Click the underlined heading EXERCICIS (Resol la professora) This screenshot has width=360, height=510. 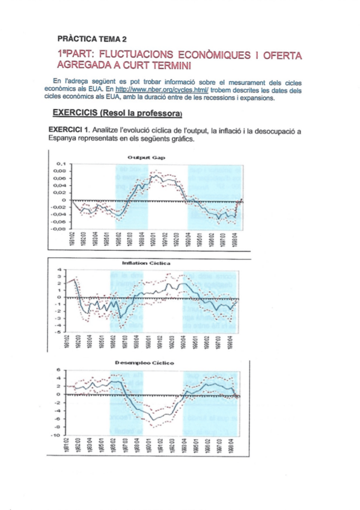[x=117, y=112]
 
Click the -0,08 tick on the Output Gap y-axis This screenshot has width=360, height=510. [x=58, y=229]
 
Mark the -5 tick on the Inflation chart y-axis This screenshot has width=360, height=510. [x=59, y=331]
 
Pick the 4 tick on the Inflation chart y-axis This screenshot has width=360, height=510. [x=60, y=269]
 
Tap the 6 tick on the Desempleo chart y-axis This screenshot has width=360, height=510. [x=59, y=369]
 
